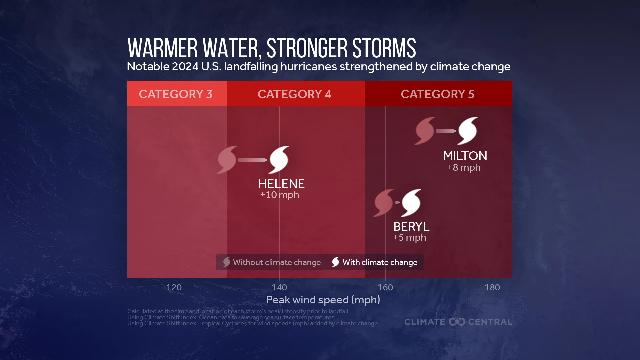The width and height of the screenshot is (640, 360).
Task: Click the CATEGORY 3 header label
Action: point(176,94)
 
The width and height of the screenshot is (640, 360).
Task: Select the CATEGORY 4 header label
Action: point(294,94)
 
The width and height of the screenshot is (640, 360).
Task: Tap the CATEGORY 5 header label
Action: point(437,94)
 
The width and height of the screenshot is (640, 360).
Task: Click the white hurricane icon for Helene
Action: point(279,160)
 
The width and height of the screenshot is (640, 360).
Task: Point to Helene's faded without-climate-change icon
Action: point(227,160)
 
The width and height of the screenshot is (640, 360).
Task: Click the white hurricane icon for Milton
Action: point(468,131)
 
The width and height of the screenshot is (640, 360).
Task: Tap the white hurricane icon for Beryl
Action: point(411,203)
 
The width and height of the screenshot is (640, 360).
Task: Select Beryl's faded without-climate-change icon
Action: point(384,203)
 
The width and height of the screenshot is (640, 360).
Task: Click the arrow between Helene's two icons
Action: point(253,160)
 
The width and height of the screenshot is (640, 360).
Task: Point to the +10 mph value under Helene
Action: point(279,195)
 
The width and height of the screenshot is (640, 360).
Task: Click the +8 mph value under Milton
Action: point(464,167)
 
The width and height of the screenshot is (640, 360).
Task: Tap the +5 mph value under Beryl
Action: point(409,238)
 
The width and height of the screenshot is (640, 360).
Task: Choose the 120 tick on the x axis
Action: point(174,287)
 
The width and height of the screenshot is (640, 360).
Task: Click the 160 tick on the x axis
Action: point(385,287)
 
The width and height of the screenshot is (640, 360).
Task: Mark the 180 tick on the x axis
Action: point(492,287)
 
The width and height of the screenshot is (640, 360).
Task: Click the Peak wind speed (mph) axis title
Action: point(323,300)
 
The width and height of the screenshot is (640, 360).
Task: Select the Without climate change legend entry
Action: point(272,262)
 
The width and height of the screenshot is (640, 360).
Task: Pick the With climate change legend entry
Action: point(374,262)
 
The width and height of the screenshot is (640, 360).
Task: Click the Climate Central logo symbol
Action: point(457,322)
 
